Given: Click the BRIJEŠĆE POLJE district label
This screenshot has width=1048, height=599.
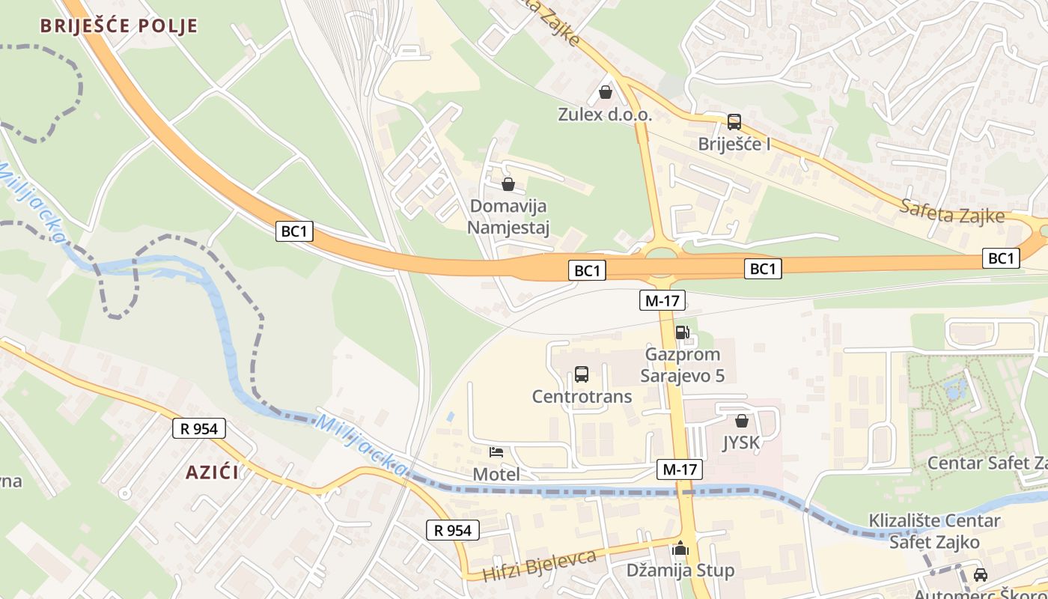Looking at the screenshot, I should [119, 26].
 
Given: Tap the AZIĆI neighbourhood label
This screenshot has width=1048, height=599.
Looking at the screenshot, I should [213, 472].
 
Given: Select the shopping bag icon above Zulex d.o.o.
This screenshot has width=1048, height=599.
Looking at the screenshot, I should [605, 92].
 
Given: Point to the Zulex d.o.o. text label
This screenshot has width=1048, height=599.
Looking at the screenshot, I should [605, 115].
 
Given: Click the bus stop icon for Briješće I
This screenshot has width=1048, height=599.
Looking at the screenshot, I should [734, 121].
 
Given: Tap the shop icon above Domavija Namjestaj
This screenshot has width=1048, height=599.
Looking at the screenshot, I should [508, 183].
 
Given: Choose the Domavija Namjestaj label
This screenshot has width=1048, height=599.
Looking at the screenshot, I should [508, 216].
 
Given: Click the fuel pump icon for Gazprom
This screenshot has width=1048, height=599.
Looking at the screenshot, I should [682, 332].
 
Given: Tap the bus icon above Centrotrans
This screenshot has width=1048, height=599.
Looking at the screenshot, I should [582, 374].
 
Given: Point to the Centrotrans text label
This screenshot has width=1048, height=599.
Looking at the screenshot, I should [582, 396].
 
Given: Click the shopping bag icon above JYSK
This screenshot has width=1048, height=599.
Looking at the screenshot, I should [741, 421].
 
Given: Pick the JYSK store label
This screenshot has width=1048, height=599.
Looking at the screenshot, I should [741, 443].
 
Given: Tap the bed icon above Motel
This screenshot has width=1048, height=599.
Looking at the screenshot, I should [496, 451].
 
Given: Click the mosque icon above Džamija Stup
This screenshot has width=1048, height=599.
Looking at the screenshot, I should [680, 549].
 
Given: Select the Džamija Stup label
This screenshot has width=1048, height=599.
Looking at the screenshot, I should [680, 571].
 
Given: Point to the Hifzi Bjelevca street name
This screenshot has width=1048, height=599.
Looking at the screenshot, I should [539, 565].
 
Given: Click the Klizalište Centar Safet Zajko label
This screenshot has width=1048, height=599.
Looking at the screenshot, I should [934, 531].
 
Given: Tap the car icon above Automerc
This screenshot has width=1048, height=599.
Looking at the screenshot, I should [980, 574].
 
